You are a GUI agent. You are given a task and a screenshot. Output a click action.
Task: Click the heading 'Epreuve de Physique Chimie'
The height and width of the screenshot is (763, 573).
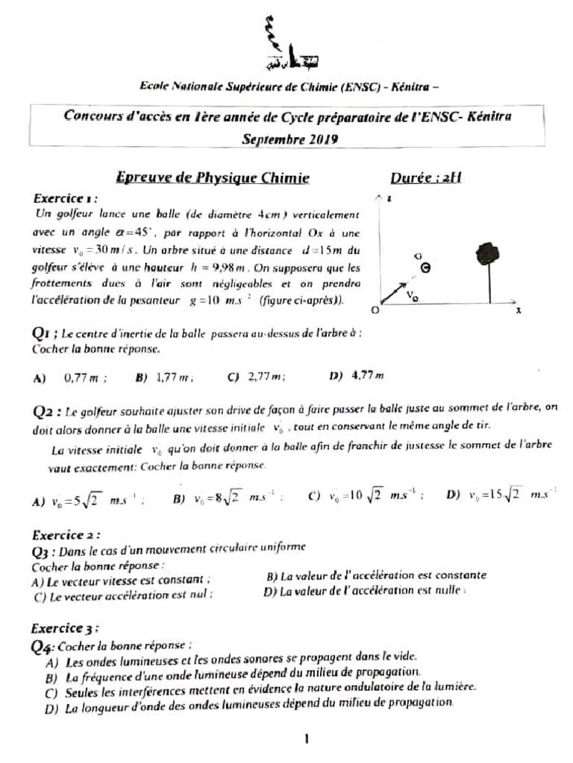click(x=212, y=178)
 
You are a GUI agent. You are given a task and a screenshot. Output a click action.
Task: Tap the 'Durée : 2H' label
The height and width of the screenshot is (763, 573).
click(x=426, y=178)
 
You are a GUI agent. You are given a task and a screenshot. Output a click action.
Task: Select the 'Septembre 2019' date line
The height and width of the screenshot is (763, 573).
click(x=290, y=139)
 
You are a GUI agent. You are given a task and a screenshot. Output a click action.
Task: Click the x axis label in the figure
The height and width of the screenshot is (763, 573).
click(x=517, y=311)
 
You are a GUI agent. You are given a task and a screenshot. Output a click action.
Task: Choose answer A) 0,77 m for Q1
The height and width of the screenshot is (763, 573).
click(x=71, y=378)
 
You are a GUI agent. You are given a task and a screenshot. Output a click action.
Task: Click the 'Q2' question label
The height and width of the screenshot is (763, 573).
click(x=47, y=410)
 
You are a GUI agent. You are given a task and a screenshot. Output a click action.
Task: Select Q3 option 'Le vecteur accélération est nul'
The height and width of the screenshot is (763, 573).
click(x=124, y=595)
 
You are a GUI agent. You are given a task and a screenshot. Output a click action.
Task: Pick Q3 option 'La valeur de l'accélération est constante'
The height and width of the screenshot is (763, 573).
click(x=376, y=575)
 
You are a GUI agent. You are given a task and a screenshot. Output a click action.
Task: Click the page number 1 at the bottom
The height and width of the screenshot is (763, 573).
click(x=306, y=739)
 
